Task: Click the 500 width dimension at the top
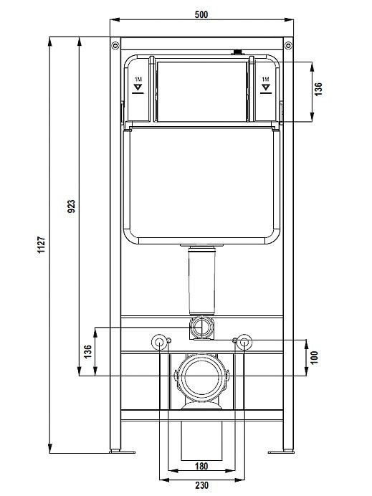tap(201, 15)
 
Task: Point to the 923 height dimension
tap(71, 206)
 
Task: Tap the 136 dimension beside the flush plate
tap(319, 90)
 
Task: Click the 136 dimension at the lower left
tap(87, 351)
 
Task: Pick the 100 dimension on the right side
tap(313, 356)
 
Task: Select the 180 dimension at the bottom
tap(201, 466)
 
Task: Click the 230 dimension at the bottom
tap(201, 485)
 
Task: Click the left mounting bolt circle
tap(158, 342)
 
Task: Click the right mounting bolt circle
tap(244, 342)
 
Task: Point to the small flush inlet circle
tap(201, 329)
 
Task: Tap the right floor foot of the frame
tap(280, 452)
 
